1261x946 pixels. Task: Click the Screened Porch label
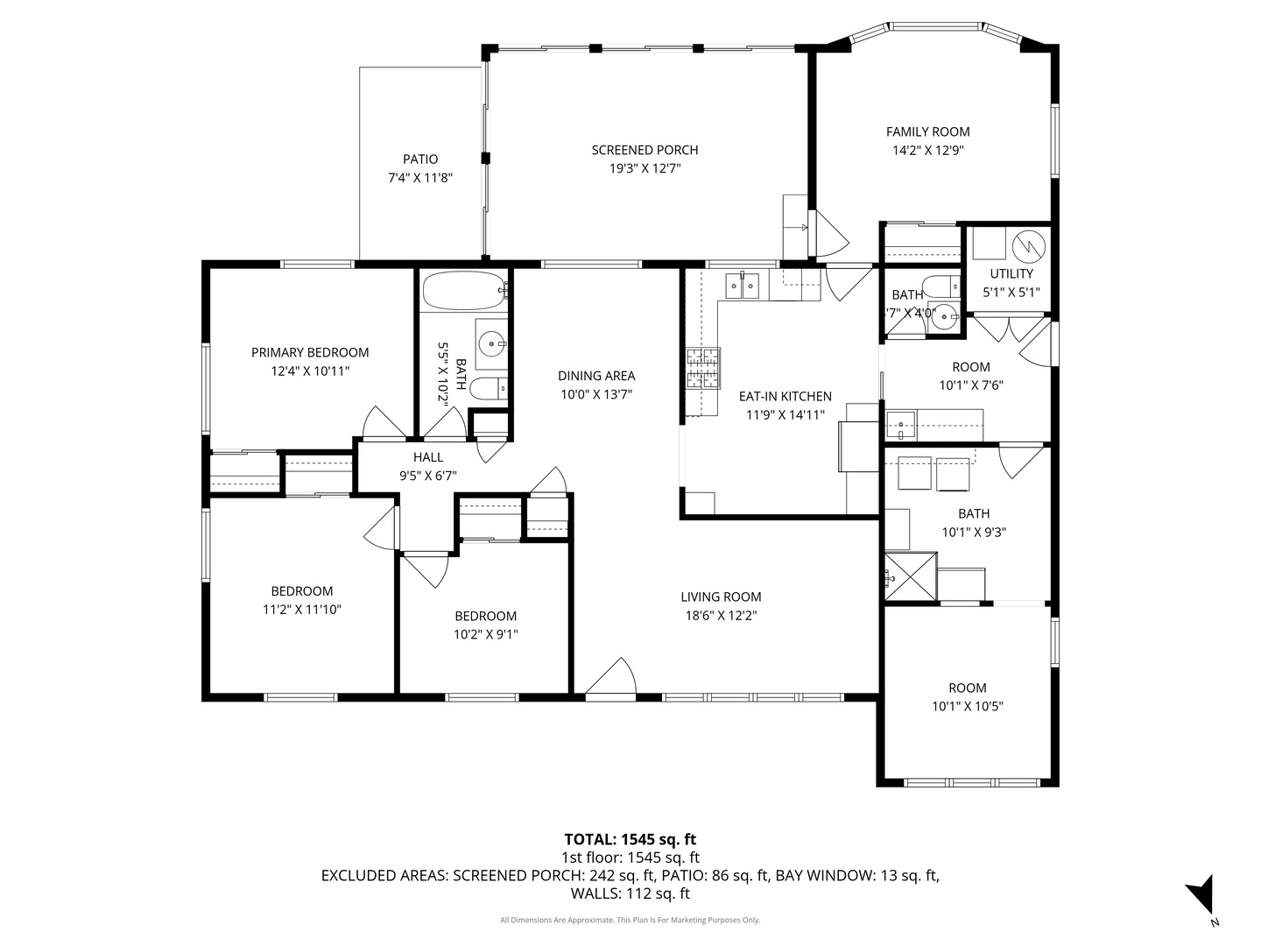pyautogui.click(x=645, y=150)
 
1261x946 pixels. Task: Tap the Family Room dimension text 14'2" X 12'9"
pyautogui.click(x=927, y=151)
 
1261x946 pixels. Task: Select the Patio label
pyautogui.click(x=420, y=159)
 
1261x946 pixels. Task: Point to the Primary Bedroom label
pyautogui.click(x=310, y=353)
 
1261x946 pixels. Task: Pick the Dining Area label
pyautogui.click(x=596, y=376)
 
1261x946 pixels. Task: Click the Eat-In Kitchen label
pyautogui.click(x=785, y=396)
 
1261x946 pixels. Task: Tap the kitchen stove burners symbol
pyautogui.click(x=702, y=368)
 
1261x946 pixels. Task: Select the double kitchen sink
pyautogui.click(x=743, y=286)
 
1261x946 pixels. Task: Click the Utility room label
pyautogui.click(x=1011, y=274)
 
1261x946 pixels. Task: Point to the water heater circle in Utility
pyautogui.click(x=1028, y=247)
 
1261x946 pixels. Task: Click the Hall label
pyautogui.click(x=428, y=457)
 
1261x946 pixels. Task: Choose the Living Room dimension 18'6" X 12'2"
pyautogui.click(x=721, y=616)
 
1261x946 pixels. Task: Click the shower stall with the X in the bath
pyautogui.click(x=911, y=576)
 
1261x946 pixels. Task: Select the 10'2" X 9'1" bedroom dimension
pyautogui.click(x=485, y=635)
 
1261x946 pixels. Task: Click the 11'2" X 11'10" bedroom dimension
pyautogui.click(x=301, y=610)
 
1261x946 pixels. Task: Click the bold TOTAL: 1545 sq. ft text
pyautogui.click(x=630, y=840)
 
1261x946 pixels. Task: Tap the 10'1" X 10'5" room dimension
pyautogui.click(x=968, y=706)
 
